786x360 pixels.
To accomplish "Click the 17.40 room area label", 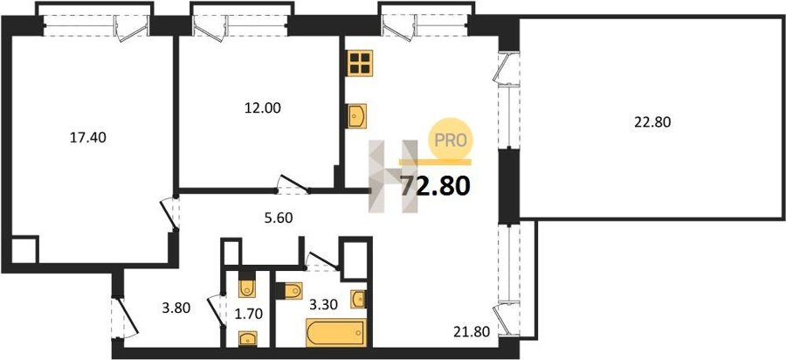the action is (x=87, y=137).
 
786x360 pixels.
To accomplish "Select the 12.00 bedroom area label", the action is (x=262, y=107).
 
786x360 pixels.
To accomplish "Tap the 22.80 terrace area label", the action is (x=652, y=121).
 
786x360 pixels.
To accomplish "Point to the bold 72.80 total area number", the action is (x=435, y=186).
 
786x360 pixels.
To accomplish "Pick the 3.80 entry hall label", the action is (x=176, y=308).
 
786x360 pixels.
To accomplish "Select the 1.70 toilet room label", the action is (x=249, y=315).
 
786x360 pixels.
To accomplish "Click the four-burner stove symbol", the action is (x=360, y=63).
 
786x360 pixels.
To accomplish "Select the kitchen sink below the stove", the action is (x=356, y=116).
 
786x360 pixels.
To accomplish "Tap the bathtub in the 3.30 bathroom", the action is (x=336, y=332).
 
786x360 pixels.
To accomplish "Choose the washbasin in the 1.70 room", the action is (x=248, y=338).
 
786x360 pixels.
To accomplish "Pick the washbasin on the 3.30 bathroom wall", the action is (x=358, y=300).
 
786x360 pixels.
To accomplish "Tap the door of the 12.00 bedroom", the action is (x=293, y=184).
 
